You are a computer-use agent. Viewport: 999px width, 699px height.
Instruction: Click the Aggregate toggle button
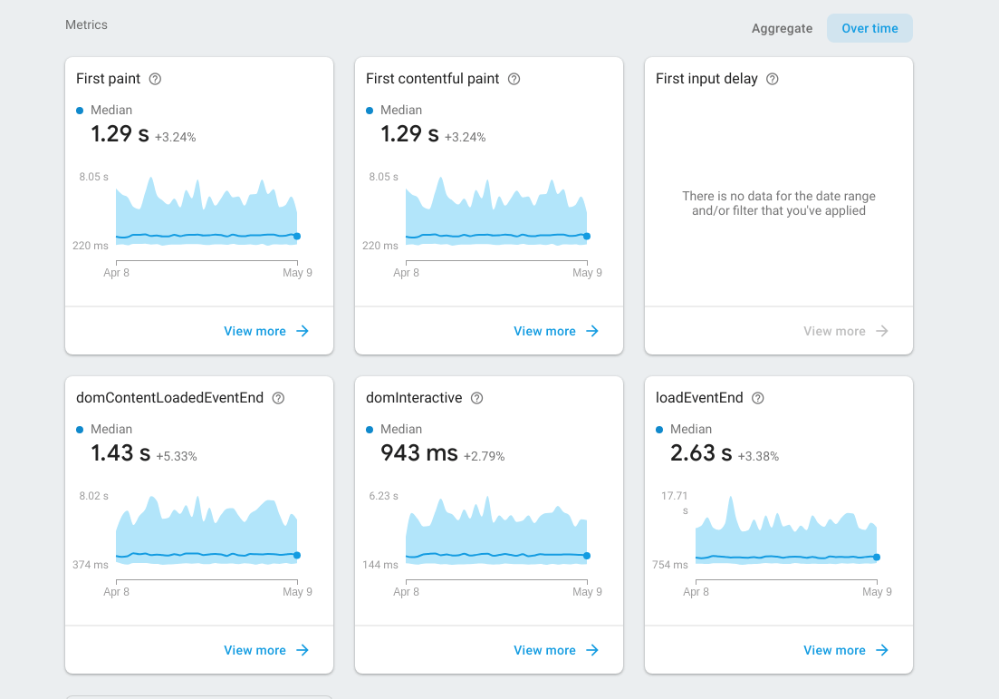coord(782,28)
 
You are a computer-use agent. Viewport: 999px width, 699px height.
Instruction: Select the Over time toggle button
coord(869,28)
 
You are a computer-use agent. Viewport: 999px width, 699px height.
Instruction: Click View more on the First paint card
coord(266,331)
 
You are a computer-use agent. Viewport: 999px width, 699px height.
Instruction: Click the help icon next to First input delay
coord(773,79)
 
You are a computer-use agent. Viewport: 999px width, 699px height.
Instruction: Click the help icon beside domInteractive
coord(477,398)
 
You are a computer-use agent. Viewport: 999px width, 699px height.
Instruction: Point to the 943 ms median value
coord(419,452)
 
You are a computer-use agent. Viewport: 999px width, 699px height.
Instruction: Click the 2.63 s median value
coord(701,452)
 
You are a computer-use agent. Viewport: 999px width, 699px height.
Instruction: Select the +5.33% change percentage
coord(177,456)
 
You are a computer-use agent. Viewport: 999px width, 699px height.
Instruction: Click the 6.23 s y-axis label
coord(383,496)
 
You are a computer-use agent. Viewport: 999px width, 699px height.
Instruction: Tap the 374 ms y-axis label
coord(91,565)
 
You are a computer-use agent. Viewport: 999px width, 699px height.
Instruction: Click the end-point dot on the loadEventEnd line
coord(877,558)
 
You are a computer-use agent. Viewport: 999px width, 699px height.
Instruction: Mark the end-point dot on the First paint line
coord(297,236)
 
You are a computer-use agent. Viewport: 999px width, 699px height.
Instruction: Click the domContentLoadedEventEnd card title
coord(169,398)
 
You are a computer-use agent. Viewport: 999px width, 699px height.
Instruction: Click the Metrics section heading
coord(86,24)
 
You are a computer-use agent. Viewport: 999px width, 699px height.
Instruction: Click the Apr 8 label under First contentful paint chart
coord(407,273)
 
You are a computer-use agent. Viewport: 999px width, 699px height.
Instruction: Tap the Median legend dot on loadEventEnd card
coord(659,429)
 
